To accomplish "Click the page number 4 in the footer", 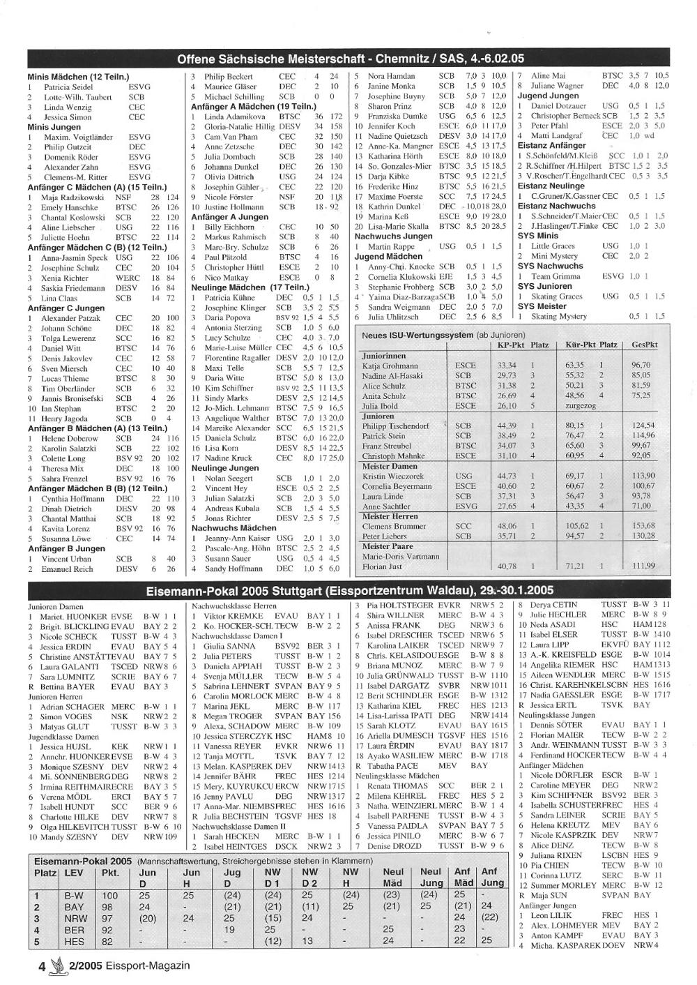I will [42, 966].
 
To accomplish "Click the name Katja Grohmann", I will [390, 365].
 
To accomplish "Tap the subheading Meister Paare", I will [388, 546].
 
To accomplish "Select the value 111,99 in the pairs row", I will [643, 566].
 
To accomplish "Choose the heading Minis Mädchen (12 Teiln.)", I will [78, 77].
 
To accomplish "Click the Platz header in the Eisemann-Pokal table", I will [45, 873].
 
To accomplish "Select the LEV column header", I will [73, 873].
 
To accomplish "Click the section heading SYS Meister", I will [542, 306].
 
